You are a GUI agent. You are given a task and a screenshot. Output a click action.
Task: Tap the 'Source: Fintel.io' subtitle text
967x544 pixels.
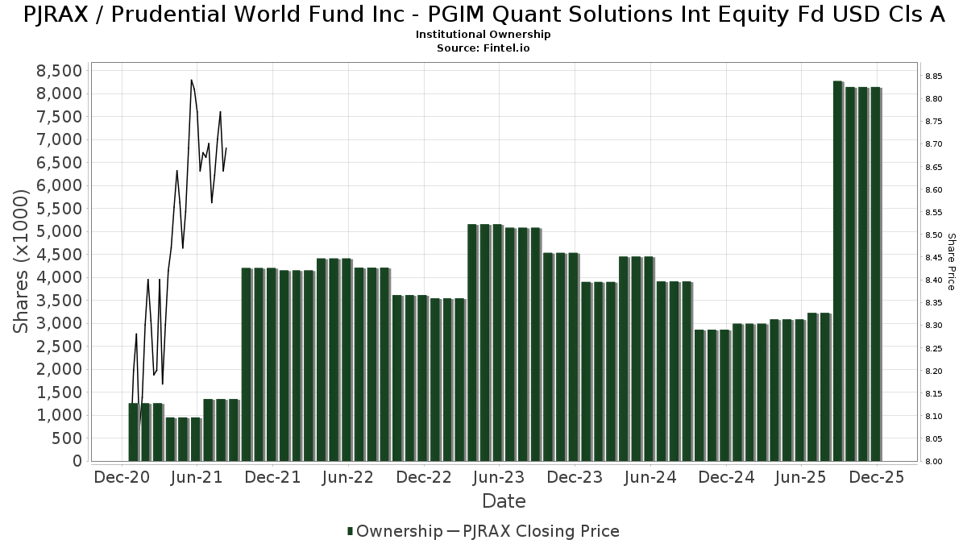(483, 48)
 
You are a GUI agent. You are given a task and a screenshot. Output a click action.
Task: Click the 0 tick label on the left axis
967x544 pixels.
(77, 462)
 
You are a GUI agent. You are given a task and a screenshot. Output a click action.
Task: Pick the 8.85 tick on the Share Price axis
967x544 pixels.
(934, 77)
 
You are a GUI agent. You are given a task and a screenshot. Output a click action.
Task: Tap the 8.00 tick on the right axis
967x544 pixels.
(934, 462)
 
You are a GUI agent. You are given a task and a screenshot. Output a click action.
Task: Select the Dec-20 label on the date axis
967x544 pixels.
(122, 477)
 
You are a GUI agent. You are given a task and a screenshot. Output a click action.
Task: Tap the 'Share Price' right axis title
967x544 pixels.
(951, 262)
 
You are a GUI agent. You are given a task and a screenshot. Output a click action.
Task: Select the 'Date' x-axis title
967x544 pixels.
(504, 501)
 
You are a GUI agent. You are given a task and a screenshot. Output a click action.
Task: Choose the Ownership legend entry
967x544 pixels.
(395, 531)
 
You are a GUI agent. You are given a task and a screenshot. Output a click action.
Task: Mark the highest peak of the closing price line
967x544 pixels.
(191, 80)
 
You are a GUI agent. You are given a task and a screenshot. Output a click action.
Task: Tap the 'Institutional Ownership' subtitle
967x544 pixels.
(483, 35)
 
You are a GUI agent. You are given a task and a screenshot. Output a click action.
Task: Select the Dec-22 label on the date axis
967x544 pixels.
(424, 477)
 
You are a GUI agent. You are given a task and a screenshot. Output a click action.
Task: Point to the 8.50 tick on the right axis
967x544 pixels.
(934, 235)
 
